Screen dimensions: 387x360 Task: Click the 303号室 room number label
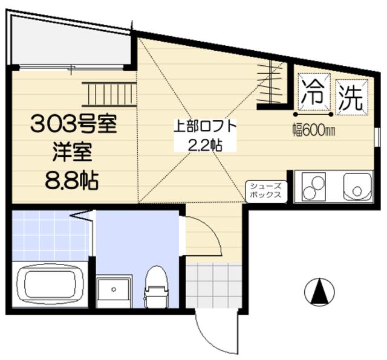pyautogui.click(x=74, y=125)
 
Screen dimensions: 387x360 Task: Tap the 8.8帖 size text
pyautogui.click(x=71, y=180)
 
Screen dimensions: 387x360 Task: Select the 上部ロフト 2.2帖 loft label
pyautogui.click(x=206, y=135)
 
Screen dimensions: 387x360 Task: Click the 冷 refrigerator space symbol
pyautogui.click(x=314, y=92)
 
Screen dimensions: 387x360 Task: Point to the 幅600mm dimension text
pyautogui.click(x=314, y=129)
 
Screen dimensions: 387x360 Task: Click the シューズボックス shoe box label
pyautogui.click(x=266, y=190)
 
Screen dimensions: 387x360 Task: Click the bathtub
pyautogui.click(x=50, y=285)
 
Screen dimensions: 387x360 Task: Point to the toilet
pyautogui.click(x=157, y=286)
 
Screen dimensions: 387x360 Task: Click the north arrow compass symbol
pyautogui.click(x=319, y=292)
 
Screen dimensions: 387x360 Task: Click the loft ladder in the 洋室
pyautogui.click(x=109, y=94)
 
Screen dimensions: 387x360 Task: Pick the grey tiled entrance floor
pyautogui.click(x=213, y=285)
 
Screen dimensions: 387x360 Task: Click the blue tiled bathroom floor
pyautogui.click(x=50, y=235)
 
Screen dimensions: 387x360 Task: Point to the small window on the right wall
pyautogui.click(x=377, y=137)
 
